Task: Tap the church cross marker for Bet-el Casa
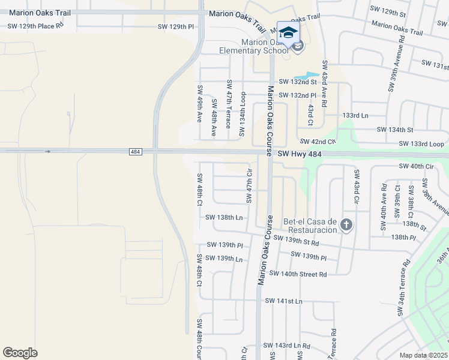pyautogui.click(x=346, y=225)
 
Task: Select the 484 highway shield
pyautogui.click(x=135, y=152)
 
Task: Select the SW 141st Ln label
pyautogui.click(x=284, y=300)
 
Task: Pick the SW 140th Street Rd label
pyautogui.click(x=298, y=274)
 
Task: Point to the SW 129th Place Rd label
pyautogui.click(x=35, y=26)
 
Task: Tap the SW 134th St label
pyautogui.click(x=395, y=130)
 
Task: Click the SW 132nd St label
pyautogui.click(x=297, y=82)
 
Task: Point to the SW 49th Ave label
pyautogui.click(x=200, y=103)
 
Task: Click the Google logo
pyautogui.click(x=20, y=353)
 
